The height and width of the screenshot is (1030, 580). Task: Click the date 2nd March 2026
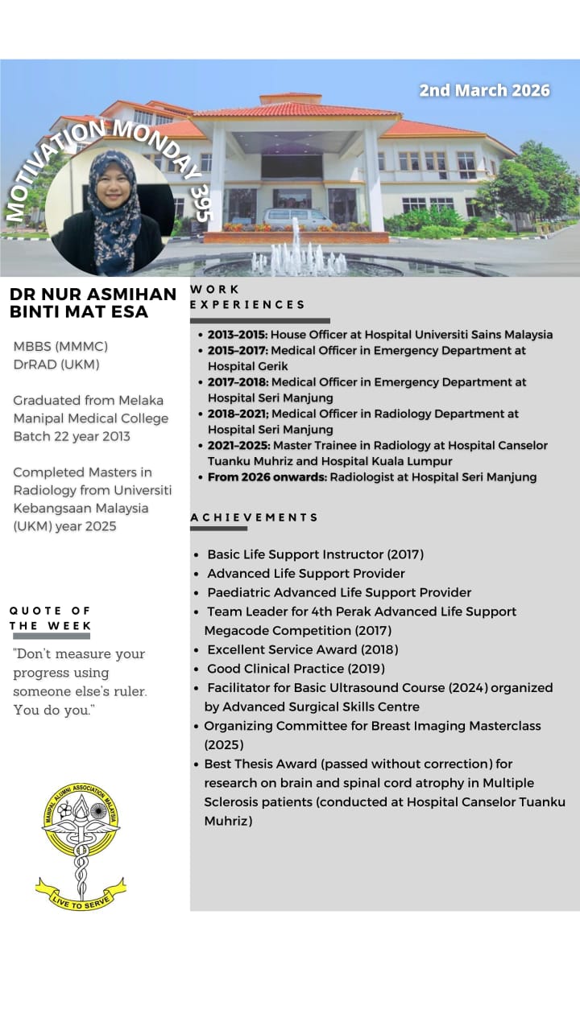[484, 90]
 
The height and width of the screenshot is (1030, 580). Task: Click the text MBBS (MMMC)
[60, 346]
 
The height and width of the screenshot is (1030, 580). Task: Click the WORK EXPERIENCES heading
[247, 297]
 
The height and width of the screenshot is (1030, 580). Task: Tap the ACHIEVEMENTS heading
[254, 517]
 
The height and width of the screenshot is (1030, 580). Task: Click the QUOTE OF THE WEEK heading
[50, 618]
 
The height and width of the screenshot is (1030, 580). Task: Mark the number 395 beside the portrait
[201, 201]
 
